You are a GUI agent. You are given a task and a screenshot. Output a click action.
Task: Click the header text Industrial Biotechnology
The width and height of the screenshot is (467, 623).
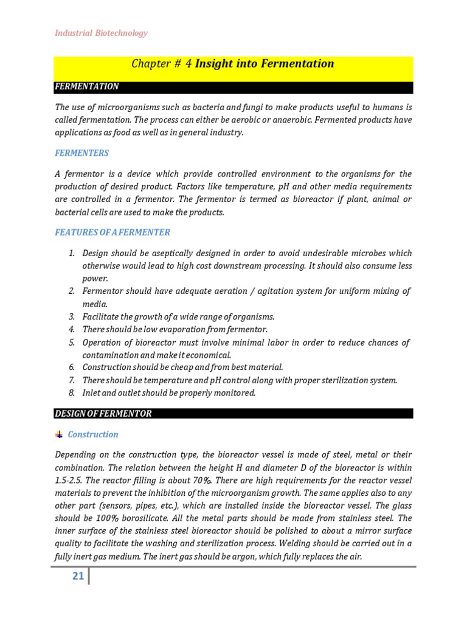click(x=102, y=33)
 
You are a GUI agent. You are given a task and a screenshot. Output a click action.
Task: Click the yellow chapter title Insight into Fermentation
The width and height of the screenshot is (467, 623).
click(x=233, y=64)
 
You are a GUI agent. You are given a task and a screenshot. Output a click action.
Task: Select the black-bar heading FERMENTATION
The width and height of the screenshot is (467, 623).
click(x=86, y=87)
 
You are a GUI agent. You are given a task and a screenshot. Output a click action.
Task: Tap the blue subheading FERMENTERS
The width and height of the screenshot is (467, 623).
click(x=82, y=153)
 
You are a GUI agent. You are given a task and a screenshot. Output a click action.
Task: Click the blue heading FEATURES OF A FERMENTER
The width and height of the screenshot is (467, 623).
click(x=112, y=232)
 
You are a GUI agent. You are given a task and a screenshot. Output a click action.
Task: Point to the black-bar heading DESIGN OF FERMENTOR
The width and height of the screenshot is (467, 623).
click(x=103, y=414)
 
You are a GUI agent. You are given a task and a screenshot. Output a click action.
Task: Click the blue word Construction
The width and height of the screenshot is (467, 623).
click(x=93, y=434)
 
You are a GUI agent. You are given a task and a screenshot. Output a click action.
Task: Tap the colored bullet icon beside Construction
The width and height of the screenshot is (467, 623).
click(x=59, y=434)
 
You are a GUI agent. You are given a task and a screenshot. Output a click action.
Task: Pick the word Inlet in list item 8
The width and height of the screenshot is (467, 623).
click(x=92, y=393)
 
